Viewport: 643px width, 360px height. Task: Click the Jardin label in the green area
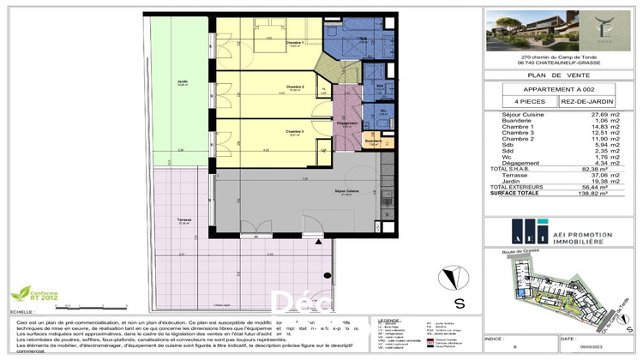pos(183,82)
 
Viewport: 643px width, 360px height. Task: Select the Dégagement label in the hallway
pos(347,124)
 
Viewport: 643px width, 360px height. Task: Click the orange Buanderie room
pos(373,141)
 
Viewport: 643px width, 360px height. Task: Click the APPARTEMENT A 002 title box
pos(559,89)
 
